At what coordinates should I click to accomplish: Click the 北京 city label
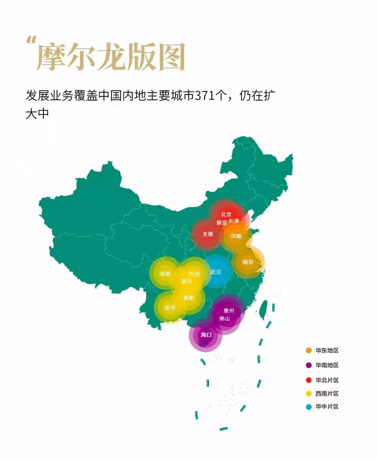[x=226, y=215]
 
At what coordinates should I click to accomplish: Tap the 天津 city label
[x=233, y=221]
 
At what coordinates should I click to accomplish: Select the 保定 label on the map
[x=222, y=222]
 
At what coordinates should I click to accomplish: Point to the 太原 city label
[x=208, y=234]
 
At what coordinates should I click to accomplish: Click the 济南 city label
[x=236, y=236]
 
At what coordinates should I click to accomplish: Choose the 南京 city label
[x=248, y=262]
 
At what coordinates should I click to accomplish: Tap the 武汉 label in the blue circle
[x=215, y=272]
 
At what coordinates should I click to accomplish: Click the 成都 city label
[x=165, y=274]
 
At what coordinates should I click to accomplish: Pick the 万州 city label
[x=194, y=274]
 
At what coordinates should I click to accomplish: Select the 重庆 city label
[x=187, y=282]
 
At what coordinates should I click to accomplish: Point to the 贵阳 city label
[x=189, y=298]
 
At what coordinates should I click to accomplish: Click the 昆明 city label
[x=170, y=307]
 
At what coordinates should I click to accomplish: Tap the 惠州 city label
[x=229, y=311]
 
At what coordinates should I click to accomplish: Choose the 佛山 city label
[x=224, y=319]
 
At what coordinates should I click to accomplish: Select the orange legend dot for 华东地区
[x=309, y=350]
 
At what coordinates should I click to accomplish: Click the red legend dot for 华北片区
[x=309, y=380]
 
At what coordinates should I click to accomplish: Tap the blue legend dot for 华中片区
[x=309, y=407]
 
